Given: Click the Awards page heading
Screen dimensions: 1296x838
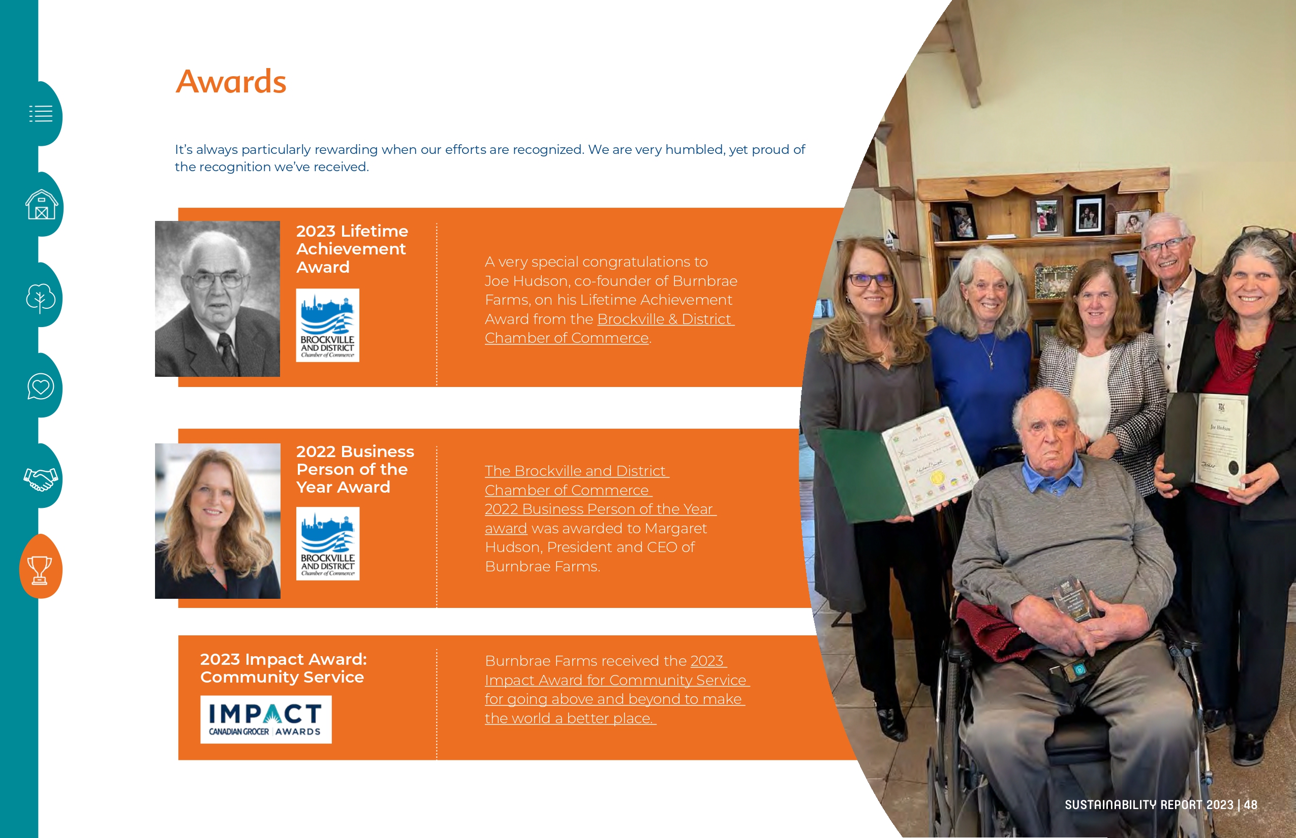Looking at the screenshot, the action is [231, 82].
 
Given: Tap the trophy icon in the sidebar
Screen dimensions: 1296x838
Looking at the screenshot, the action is [40, 570].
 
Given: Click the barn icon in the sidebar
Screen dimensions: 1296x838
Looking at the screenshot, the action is [41, 205].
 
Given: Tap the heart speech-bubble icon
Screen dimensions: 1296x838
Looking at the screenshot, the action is [41, 386].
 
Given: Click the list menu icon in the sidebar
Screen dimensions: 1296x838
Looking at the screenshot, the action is [41, 114].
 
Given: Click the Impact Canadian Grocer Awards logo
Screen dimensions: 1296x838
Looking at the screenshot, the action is [266, 719].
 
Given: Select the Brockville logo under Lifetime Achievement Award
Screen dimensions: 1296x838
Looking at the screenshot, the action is [328, 326].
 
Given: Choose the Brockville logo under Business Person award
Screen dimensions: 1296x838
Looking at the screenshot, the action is [328, 543].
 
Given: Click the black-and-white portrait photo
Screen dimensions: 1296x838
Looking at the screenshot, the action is [218, 299].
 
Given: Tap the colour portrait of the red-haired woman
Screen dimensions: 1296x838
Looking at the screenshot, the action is [218, 521].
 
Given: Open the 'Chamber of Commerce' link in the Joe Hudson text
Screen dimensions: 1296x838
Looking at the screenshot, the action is [567, 338].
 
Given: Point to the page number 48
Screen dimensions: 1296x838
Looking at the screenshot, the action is [1251, 805].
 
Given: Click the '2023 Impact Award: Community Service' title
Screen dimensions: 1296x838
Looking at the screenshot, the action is [284, 668].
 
